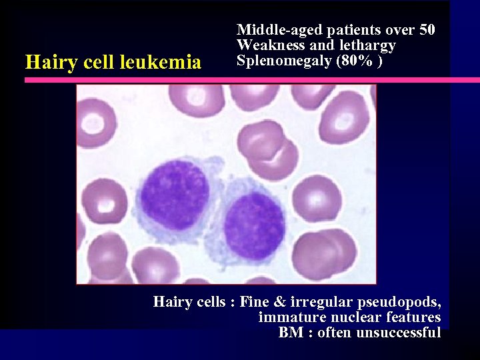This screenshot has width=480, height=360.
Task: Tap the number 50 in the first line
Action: click(x=427, y=30)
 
